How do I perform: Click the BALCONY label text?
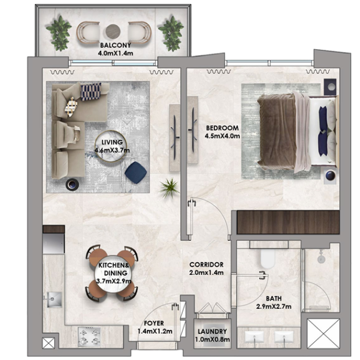[116, 45]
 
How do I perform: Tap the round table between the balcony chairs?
[113, 31]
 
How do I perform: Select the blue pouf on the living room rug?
[136, 172]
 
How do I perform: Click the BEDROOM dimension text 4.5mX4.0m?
[222, 136]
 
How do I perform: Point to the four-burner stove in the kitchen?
[89, 337]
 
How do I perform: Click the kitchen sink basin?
[55, 300]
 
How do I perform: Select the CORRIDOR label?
[206, 265]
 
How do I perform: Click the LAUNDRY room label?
[213, 332]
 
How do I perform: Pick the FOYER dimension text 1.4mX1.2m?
[155, 332]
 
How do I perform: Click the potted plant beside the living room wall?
[170, 188]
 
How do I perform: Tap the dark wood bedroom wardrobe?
[288, 222]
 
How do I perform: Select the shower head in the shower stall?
[321, 258]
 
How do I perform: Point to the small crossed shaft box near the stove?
[48, 343]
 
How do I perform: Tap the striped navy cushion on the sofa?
[91, 92]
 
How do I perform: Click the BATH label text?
[273, 298]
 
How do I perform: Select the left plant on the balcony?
[59, 33]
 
